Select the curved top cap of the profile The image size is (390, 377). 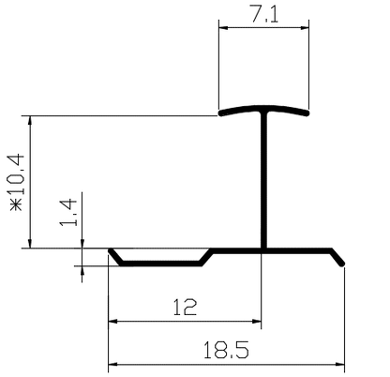point(264,112)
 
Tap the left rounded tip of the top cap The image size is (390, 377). point(223,115)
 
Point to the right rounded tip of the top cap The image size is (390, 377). point(307,115)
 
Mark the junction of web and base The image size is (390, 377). point(264,250)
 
